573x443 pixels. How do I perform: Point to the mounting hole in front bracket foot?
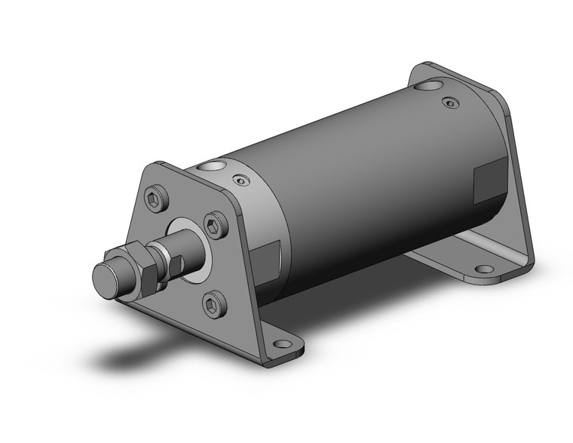(283, 344)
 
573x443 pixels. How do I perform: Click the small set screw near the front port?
(240, 180)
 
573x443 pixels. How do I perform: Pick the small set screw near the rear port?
(450, 102)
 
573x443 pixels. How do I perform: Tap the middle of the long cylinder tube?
(354, 189)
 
